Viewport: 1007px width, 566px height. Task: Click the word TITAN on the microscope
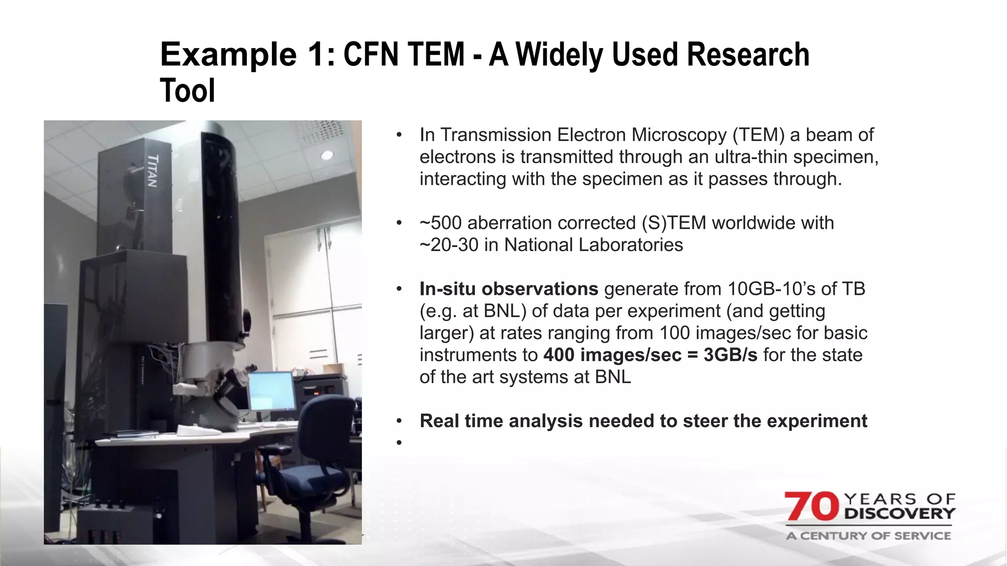153,171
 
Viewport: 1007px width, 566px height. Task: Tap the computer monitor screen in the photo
271,391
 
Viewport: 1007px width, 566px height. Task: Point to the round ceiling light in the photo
327,155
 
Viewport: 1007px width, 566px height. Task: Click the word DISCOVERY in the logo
900,514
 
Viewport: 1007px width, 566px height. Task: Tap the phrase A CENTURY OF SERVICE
868,536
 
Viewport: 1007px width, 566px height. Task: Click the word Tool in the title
187,91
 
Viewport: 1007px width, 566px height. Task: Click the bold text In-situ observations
508,289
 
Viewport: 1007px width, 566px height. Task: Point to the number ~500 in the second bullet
441,223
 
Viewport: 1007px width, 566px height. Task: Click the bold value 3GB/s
730,355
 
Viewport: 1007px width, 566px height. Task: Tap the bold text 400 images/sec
612,355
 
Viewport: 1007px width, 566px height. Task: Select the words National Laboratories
593,245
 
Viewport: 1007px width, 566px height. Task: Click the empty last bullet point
399,443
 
